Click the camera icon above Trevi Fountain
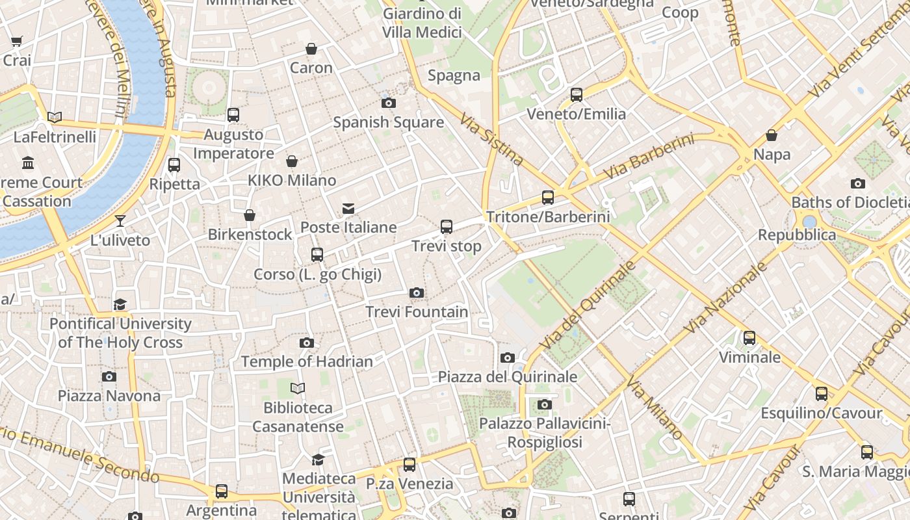pos(417,293)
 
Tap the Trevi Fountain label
pos(417,312)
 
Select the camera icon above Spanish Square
pos(389,103)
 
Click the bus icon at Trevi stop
pos(447,227)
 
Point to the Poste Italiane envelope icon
pos(348,209)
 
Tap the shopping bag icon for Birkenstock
pos(250,215)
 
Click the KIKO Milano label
pos(292,180)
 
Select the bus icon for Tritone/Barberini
pos(548,198)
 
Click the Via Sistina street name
pos(492,140)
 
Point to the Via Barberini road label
pos(648,157)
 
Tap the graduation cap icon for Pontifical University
pos(120,305)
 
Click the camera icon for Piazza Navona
pos(109,377)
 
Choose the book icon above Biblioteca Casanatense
pos(298,389)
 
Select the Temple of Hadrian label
pos(307,361)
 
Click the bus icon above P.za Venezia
pos(409,465)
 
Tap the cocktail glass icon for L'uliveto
pos(120,221)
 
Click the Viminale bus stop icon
pos(749,338)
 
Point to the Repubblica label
pos(797,235)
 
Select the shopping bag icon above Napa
pos(772,136)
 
